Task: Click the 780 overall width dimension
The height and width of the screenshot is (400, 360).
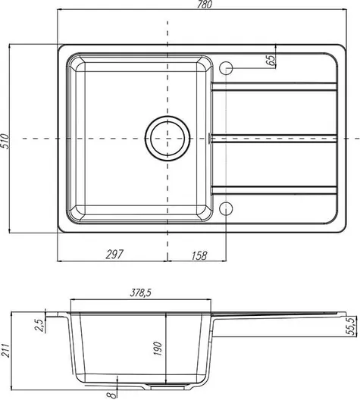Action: coord(205,5)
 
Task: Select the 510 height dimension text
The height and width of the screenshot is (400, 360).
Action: coord(5,142)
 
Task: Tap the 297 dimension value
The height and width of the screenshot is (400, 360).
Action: coord(114,255)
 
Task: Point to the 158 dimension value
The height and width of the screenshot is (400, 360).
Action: coord(199,255)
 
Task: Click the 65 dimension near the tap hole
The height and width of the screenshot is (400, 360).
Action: coord(271,60)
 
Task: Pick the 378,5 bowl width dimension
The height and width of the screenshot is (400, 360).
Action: coord(140,293)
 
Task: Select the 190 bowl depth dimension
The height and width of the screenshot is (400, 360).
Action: coord(158,348)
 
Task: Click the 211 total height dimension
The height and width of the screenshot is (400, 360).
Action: coord(5,351)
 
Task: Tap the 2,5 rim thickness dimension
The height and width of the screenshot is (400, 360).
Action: coord(39,325)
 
